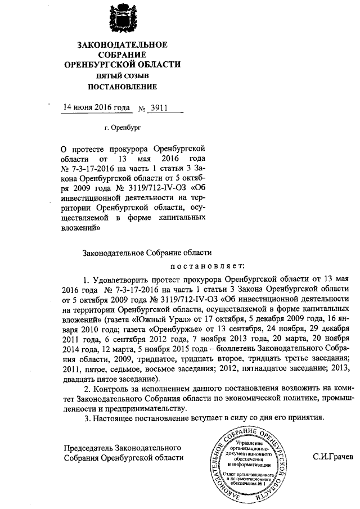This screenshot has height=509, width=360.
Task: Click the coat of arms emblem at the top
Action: [x=122, y=18]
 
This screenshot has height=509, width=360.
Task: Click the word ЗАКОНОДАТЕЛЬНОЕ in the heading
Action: [x=121, y=44]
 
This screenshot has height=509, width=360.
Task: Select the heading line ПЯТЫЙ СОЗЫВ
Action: [x=121, y=76]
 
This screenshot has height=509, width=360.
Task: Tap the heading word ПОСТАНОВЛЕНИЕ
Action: [x=121, y=87]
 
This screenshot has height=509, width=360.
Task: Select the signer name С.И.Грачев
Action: [x=333, y=457]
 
